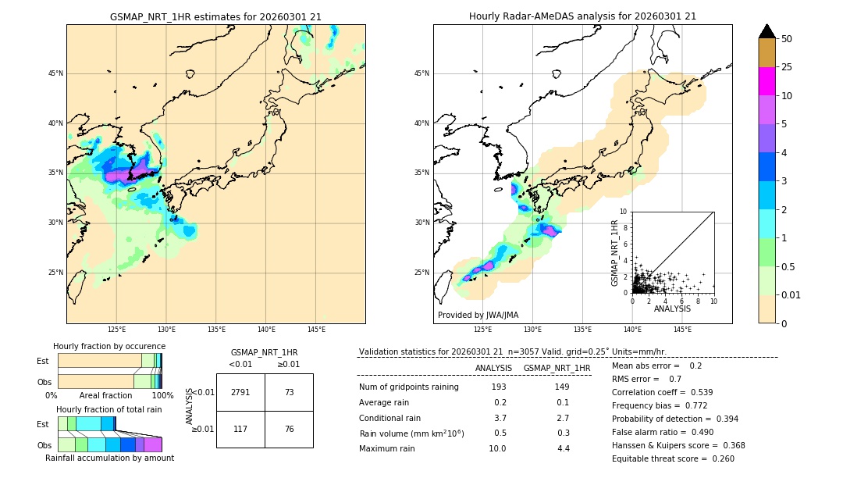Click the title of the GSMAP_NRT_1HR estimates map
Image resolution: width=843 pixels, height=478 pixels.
pos(215,16)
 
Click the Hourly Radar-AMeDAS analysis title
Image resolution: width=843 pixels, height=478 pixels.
pos(582,16)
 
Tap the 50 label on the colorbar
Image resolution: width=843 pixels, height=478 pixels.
pos(787,39)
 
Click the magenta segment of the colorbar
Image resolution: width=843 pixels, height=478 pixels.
pos(767,81)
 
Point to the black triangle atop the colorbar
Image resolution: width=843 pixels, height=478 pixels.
pos(767,31)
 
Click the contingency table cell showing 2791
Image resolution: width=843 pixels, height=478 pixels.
pos(240,392)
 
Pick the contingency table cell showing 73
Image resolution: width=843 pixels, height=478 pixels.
pos(289,392)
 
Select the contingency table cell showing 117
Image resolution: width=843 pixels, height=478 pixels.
pos(240,429)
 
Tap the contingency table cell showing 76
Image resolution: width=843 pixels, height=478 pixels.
pos(289,429)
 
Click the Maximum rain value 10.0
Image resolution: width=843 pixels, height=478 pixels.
pos(497,448)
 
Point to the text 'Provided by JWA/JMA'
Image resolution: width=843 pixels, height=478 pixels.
pos(478,316)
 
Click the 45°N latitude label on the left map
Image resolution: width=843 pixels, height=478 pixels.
pos(55,73)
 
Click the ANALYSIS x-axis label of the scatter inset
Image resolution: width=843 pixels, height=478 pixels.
pos(672,309)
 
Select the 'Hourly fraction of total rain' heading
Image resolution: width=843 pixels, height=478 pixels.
pos(109,410)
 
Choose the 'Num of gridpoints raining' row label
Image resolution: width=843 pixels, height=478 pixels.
pos(408,387)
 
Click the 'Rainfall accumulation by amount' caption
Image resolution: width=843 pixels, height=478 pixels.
pos(109,458)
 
